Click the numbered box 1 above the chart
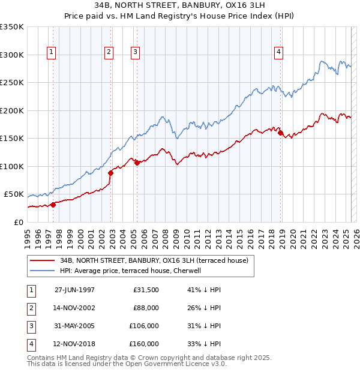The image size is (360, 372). click(52, 53)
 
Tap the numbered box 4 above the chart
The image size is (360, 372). click(279, 53)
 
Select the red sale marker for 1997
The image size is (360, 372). click(53, 205)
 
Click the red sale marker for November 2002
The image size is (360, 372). click(110, 173)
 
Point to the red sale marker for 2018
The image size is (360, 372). click(280, 133)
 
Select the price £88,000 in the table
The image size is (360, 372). click(146, 308)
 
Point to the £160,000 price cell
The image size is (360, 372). click(144, 344)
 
